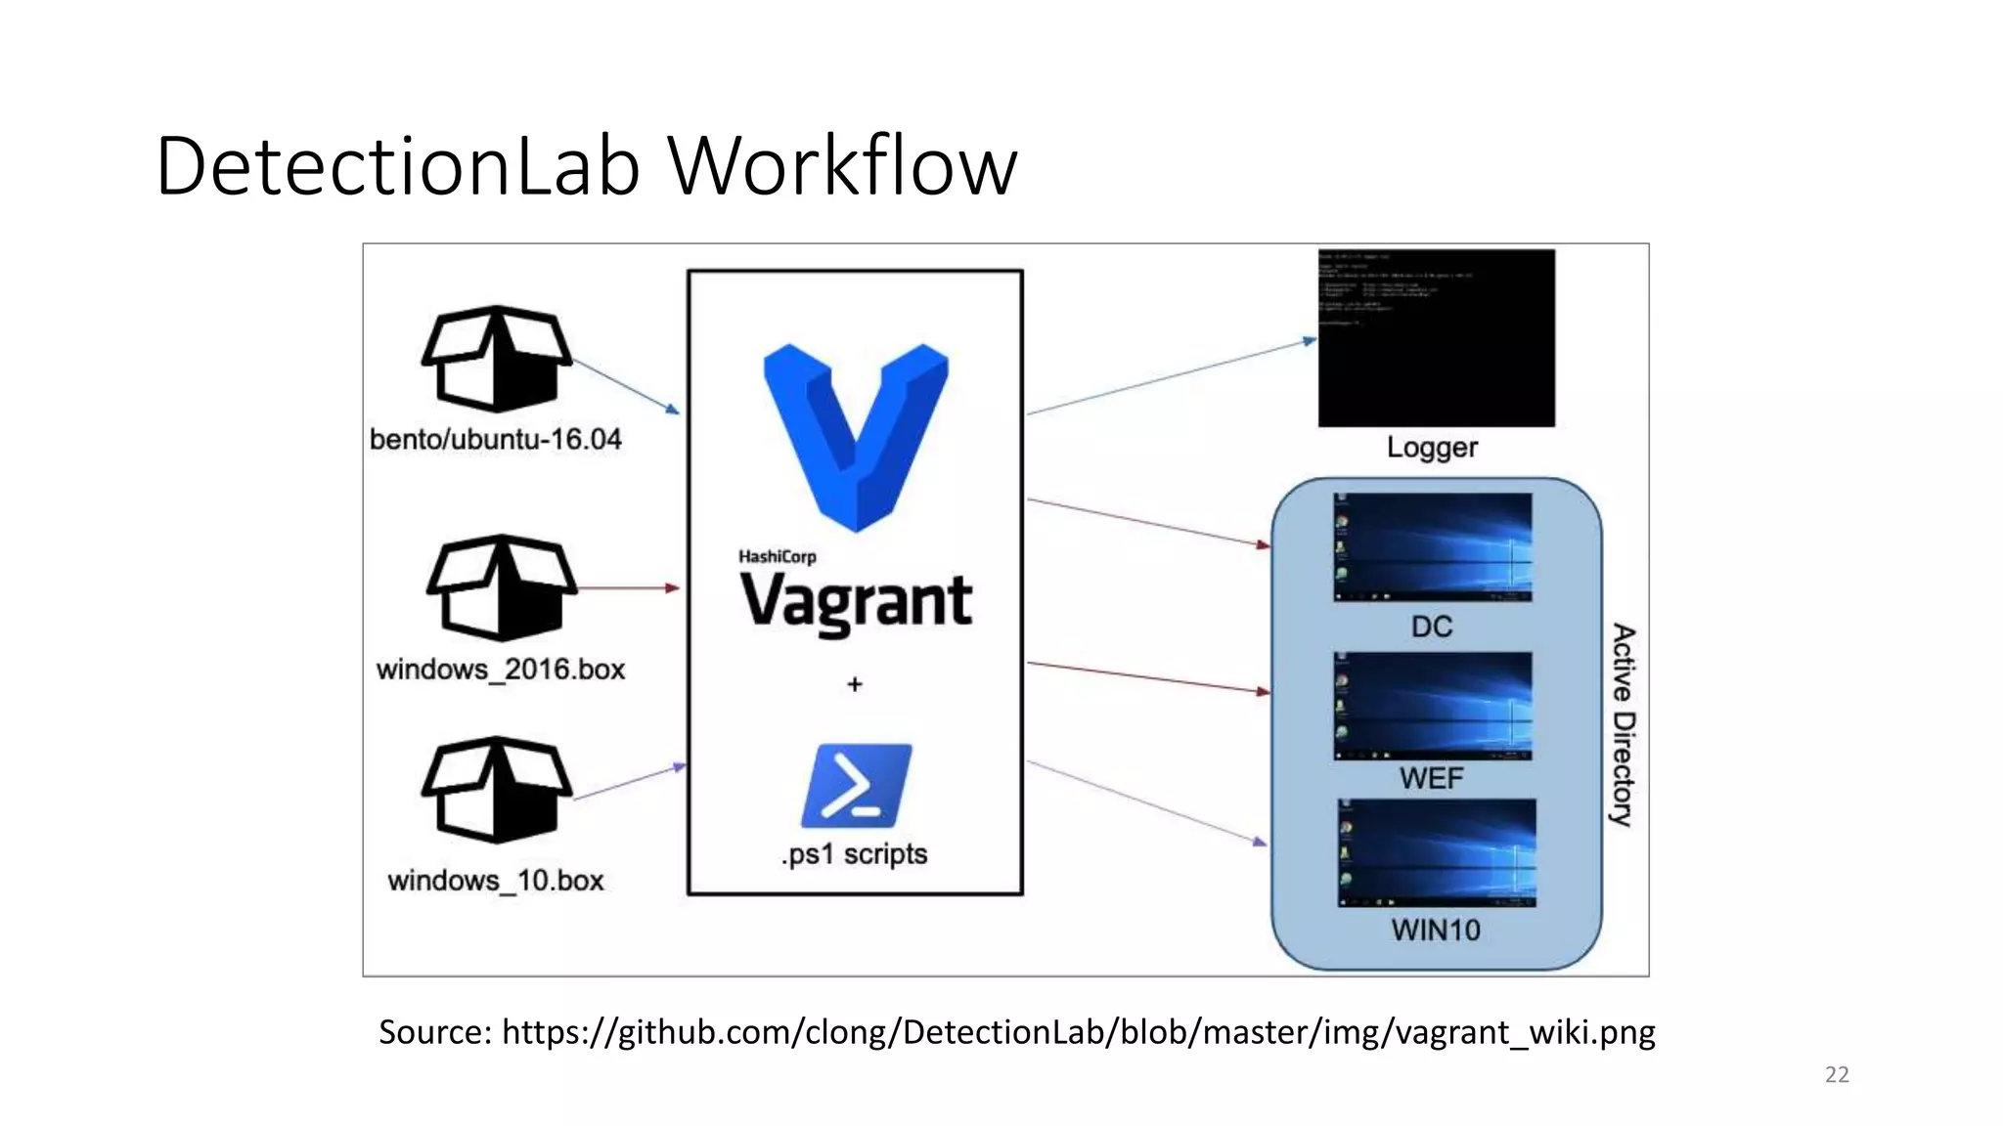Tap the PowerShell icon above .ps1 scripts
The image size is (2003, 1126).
click(856, 786)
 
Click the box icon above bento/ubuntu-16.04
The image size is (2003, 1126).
click(496, 359)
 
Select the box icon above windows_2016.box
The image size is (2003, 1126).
click(501, 586)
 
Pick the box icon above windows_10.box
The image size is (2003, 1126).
click(496, 790)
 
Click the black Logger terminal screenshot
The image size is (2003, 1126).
click(1436, 338)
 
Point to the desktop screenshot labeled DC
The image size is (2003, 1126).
click(1432, 547)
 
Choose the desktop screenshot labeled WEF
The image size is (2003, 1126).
click(1432, 706)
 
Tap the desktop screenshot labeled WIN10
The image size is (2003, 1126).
click(1436, 853)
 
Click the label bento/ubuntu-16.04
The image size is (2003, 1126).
click(496, 440)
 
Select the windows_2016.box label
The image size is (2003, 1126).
click(501, 670)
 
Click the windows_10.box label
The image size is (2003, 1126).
click(496, 881)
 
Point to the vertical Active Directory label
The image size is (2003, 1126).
click(1624, 724)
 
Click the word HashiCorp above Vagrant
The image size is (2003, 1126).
click(777, 556)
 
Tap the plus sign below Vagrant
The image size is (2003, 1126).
click(855, 684)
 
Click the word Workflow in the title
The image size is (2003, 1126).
click(842, 166)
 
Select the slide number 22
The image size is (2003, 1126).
click(1837, 1074)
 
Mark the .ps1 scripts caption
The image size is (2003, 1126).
click(855, 855)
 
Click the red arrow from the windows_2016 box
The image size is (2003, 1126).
click(627, 588)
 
